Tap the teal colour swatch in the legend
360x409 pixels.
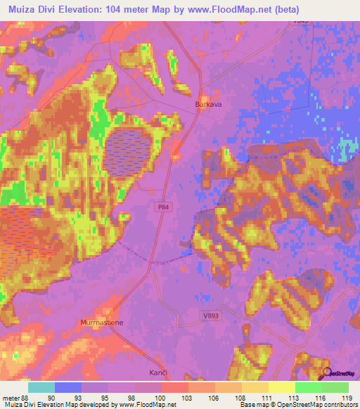tap(41, 387)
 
